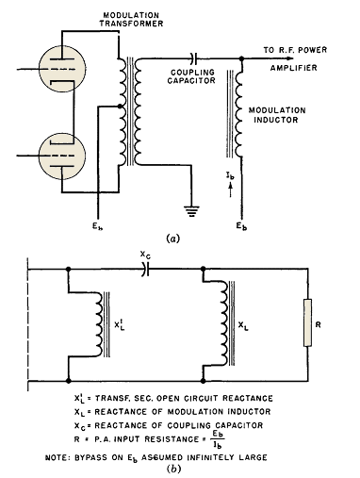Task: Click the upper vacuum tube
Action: click(x=62, y=69)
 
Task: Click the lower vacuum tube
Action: click(x=62, y=156)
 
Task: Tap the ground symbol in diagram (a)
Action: click(x=191, y=211)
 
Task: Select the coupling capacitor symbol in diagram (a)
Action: click(x=193, y=58)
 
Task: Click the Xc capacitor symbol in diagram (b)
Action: click(x=145, y=269)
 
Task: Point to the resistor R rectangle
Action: click(x=307, y=322)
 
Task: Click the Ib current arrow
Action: click(x=230, y=190)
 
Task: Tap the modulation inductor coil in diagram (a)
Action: click(x=237, y=113)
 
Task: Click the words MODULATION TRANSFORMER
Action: click(x=131, y=19)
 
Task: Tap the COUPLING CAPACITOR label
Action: click(x=191, y=76)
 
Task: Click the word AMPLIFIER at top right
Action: click(x=294, y=68)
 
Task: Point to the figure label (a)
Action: click(x=172, y=239)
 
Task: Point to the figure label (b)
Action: click(x=173, y=469)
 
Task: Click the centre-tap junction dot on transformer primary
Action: click(x=120, y=107)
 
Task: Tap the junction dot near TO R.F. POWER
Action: click(x=241, y=58)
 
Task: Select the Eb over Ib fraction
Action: click(x=218, y=439)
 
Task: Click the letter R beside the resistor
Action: click(x=318, y=324)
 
